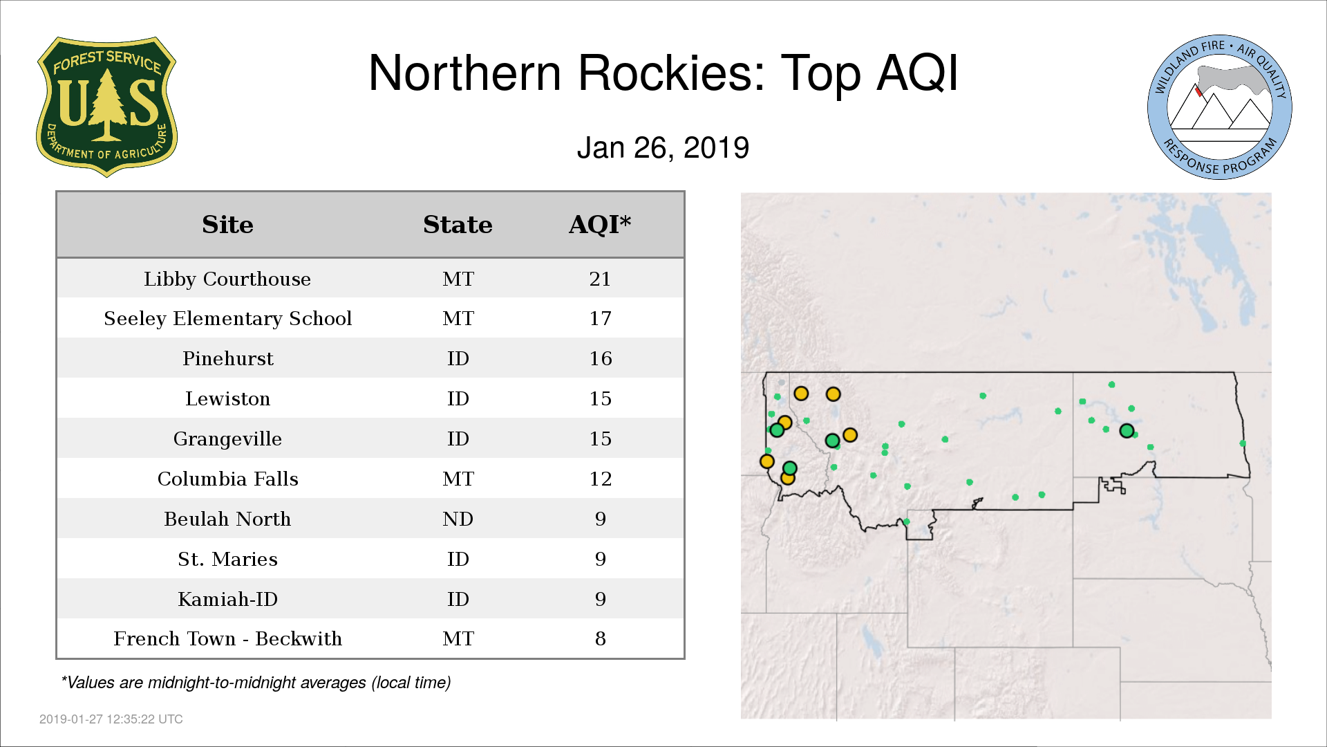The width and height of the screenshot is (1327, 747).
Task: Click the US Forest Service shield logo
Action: click(x=106, y=107)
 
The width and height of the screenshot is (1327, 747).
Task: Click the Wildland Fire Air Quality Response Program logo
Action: click(x=1220, y=107)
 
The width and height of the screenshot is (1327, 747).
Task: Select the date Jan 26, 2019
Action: click(x=663, y=148)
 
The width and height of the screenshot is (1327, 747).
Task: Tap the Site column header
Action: click(x=227, y=225)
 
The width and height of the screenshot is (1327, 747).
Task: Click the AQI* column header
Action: click(x=600, y=224)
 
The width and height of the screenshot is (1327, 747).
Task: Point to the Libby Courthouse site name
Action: click(x=227, y=279)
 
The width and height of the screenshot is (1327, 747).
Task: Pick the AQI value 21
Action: click(x=600, y=279)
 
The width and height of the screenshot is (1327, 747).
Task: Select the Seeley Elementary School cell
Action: click(x=227, y=318)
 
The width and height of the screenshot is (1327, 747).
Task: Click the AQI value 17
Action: click(x=600, y=318)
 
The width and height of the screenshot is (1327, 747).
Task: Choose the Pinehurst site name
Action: click(x=227, y=358)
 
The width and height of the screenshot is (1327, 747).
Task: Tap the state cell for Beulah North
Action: click(x=458, y=519)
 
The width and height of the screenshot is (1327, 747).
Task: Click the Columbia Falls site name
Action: click(x=227, y=479)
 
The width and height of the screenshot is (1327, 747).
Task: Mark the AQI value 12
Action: click(x=600, y=479)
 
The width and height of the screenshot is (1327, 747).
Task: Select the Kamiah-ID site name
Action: click(x=227, y=599)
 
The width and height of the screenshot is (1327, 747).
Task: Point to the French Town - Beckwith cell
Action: click(x=227, y=638)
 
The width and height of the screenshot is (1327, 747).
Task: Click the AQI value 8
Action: click(x=600, y=638)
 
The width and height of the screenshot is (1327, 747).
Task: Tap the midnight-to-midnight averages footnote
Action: click(x=256, y=683)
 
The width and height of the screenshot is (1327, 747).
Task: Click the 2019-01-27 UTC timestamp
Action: click(x=111, y=719)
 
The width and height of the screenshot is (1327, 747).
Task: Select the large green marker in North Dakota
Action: click(x=1127, y=431)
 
